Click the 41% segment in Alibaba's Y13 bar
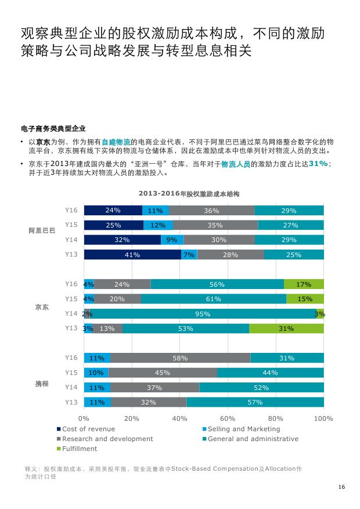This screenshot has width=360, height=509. coord(132,255)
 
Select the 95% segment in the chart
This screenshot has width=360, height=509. coord(203,314)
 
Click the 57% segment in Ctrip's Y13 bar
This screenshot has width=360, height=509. coord(255,402)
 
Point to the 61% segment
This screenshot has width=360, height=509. coord(213,299)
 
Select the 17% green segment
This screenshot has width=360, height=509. coord(304,284)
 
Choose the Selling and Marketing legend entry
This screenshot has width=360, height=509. coord(243,429)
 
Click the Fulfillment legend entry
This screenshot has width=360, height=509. coord(79,449)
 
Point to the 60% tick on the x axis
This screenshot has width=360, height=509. coord(228,418)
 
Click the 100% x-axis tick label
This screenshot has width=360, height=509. coord(323,418)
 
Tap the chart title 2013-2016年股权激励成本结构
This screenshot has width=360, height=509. coord(189,193)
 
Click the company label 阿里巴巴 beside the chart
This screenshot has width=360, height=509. coord(42,231)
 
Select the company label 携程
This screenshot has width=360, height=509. coord(42,384)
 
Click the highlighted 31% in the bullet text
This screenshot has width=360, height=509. coord(318,164)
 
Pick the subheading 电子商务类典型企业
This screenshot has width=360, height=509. coord(53,128)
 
